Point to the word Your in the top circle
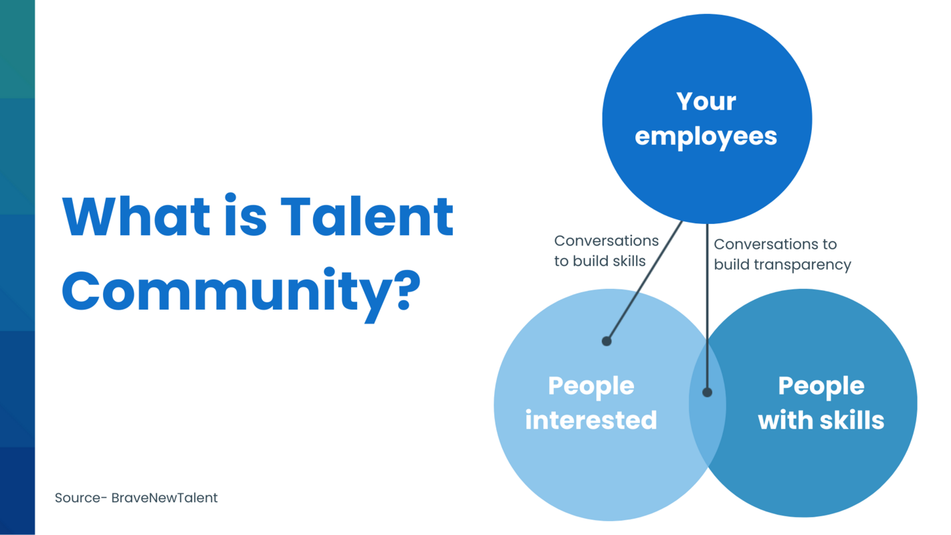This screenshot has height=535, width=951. (706, 102)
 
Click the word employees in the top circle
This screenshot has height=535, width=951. (706, 136)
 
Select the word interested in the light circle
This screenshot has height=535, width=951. (591, 420)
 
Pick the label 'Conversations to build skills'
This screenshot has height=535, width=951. (606, 251)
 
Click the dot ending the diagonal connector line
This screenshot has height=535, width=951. (607, 341)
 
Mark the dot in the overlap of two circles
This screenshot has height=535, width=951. (707, 393)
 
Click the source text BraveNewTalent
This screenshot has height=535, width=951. (165, 498)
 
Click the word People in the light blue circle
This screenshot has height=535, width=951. (591, 386)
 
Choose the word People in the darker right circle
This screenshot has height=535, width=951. (821, 386)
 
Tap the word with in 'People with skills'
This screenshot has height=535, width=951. (781, 420)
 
